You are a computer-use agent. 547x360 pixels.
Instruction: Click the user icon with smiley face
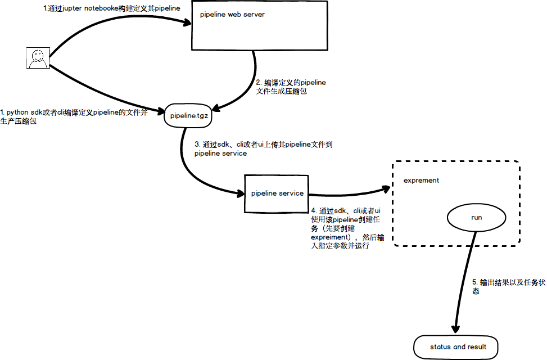[x=38, y=58]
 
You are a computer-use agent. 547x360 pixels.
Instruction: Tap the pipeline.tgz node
[x=189, y=116]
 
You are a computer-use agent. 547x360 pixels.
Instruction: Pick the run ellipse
[x=476, y=217]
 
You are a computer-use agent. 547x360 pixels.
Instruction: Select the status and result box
[x=458, y=347]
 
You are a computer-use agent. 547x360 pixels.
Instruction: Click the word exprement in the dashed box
[x=421, y=181]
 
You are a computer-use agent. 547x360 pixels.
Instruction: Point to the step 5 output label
[x=500, y=286]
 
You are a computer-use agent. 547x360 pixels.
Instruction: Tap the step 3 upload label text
[x=263, y=148]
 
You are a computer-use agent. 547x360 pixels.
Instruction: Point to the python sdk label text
[x=73, y=116]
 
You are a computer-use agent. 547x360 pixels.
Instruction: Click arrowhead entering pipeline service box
[x=239, y=192]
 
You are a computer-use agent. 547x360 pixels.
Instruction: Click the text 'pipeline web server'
[x=232, y=15]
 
